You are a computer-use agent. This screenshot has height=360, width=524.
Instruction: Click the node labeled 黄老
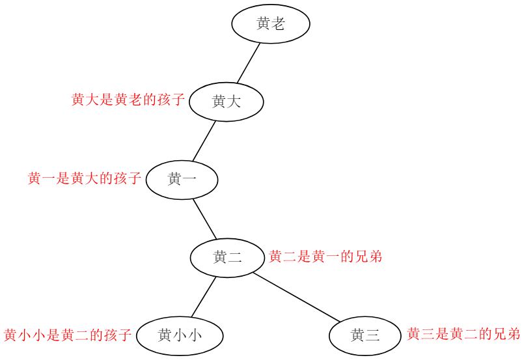pos(270,24)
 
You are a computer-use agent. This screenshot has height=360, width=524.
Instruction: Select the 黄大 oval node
pos(226,102)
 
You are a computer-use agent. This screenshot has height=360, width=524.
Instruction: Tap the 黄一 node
pos(182,179)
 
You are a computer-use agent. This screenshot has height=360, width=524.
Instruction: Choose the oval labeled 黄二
pos(227,257)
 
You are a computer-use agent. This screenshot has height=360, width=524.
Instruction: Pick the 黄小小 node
pos(180,335)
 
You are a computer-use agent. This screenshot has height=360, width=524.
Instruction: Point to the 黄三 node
pos(365,335)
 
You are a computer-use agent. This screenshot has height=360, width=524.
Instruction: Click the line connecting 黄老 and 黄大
pos(249,63)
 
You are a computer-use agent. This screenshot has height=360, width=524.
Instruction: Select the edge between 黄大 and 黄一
pos(204,141)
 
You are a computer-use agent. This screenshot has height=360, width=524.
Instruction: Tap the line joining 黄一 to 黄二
pos(204,218)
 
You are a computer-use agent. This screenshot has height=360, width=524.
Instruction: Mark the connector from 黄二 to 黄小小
pos(204,296)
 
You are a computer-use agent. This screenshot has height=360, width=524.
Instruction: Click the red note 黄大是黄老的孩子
pos(128,100)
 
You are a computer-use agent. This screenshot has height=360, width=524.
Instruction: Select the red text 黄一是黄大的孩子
pos(85,178)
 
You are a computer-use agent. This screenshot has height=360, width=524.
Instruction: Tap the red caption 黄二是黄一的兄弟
pos(325,256)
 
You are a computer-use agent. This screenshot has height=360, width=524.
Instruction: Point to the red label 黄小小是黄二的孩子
pos(68,335)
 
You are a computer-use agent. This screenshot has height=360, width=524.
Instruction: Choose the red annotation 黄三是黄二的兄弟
pos(463,334)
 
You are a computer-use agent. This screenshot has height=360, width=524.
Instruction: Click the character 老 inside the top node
pos(278,24)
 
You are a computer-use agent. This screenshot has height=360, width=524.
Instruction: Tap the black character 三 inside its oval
pos(372,335)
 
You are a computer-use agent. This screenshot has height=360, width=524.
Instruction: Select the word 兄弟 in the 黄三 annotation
pos(506,334)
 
